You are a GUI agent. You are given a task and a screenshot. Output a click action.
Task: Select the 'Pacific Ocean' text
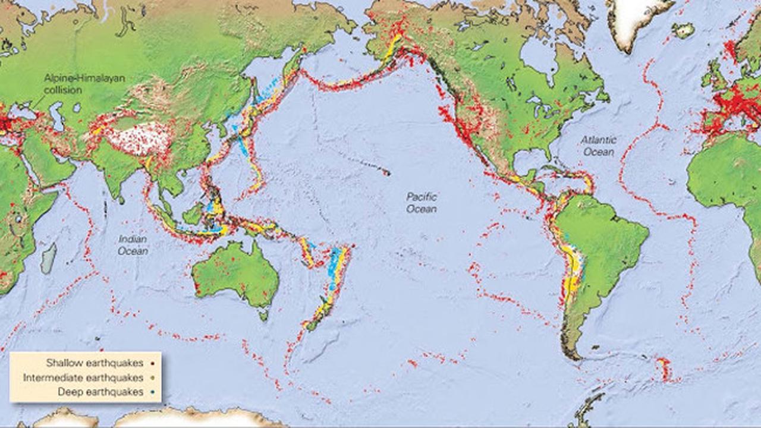422,203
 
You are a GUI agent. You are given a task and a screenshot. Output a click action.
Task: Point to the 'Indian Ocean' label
133,245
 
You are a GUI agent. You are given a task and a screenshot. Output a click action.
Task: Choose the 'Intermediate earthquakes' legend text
83,377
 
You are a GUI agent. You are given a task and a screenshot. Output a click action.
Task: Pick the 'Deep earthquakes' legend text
100,392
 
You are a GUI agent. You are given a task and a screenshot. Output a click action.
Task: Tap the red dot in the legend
153,363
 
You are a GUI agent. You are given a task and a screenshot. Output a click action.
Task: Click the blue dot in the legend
153,392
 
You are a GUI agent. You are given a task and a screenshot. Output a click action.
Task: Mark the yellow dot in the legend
153,377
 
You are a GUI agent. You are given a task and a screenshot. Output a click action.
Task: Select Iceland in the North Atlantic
683,30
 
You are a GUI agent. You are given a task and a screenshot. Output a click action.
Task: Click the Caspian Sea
58,115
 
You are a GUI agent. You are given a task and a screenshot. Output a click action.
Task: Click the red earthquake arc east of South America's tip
664,369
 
